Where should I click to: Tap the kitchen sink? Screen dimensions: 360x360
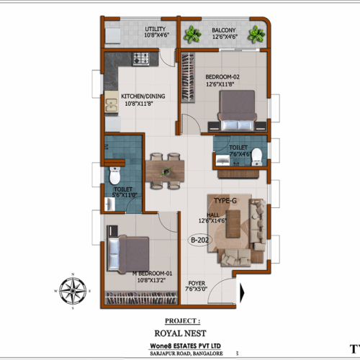pos(112,107)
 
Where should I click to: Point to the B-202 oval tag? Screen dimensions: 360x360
pos(198,240)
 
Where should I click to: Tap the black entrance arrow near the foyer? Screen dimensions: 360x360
pos(243,292)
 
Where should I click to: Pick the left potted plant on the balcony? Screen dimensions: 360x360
pos(192,34)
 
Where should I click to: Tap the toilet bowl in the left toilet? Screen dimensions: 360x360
pos(114,176)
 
